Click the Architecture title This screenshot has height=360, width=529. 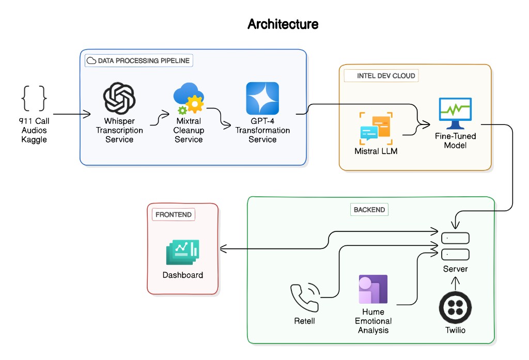pos(283,24)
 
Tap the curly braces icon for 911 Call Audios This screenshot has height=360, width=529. pos(34,98)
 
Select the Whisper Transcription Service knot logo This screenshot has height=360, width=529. pos(119,99)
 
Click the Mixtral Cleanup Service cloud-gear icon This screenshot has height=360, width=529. pos(189,99)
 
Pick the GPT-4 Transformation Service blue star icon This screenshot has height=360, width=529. pos(262,99)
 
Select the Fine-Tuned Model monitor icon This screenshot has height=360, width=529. pos(455,113)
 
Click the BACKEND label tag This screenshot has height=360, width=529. pos(369,210)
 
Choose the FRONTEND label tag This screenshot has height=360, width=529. pos(173,214)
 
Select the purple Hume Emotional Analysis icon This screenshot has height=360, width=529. pos(373,289)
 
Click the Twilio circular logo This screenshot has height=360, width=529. pos(455,308)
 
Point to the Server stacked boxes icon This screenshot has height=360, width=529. pos(455,246)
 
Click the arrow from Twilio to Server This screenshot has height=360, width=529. pos(455,283)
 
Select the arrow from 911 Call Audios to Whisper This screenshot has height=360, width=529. pos(72,114)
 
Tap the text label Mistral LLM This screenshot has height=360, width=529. pos(376,151)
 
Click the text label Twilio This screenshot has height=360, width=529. pos(455,330)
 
